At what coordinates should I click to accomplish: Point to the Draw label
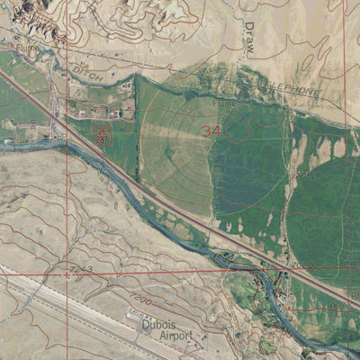[x=251, y=37]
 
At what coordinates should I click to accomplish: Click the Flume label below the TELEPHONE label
[x=237, y=103]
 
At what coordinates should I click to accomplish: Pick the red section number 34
[x=212, y=130]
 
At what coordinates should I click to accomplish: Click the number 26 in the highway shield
[x=102, y=131]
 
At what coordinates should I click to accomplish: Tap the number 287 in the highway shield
[x=102, y=139]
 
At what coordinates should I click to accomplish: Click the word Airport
[x=176, y=335]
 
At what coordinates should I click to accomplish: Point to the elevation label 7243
[x=79, y=268]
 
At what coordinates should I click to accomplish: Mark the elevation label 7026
[x=302, y=264]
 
